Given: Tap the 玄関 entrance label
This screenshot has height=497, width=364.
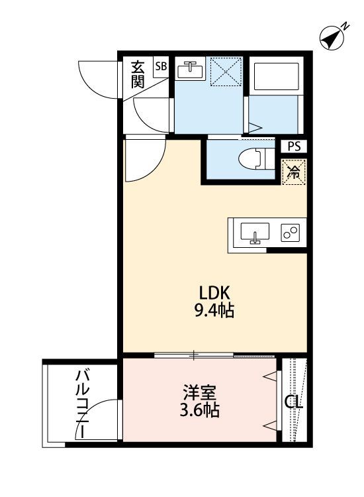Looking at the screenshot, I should [x=138, y=74].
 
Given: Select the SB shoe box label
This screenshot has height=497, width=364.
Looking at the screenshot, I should [x=160, y=66].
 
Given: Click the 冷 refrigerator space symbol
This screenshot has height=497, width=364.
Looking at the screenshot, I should [x=293, y=172].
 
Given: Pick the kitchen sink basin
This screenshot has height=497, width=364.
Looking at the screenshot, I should [x=254, y=234].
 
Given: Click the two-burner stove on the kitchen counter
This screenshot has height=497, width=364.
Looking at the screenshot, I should [x=290, y=233].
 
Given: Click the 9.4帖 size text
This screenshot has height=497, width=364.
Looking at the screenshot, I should [x=215, y=309].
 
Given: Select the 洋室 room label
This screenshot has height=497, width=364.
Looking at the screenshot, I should [x=198, y=391].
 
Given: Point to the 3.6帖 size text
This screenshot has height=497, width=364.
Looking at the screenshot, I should [x=198, y=410].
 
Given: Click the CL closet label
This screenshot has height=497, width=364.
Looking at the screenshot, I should [x=293, y=402].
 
